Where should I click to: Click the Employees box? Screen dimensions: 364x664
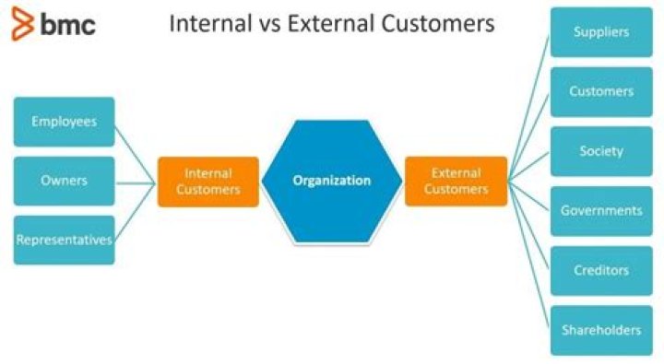coord(64,122)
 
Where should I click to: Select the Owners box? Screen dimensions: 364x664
coord(64,181)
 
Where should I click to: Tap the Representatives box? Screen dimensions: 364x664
coord(64,240)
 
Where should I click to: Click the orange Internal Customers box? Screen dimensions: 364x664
coord(207,182)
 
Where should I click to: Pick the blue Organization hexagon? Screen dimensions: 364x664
coord(331,181)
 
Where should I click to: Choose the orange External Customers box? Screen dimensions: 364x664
coord(456,182)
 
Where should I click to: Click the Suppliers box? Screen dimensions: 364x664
coord(601,32)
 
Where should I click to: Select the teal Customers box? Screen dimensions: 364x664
coord(601,91)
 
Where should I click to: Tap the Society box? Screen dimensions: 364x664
coord(601,151)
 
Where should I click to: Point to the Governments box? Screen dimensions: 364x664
coord(601,211)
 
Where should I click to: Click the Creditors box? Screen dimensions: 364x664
coord(601,271)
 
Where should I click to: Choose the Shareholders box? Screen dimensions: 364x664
coord(601,330)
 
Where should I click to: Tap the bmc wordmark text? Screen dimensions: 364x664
coord(67,24)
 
